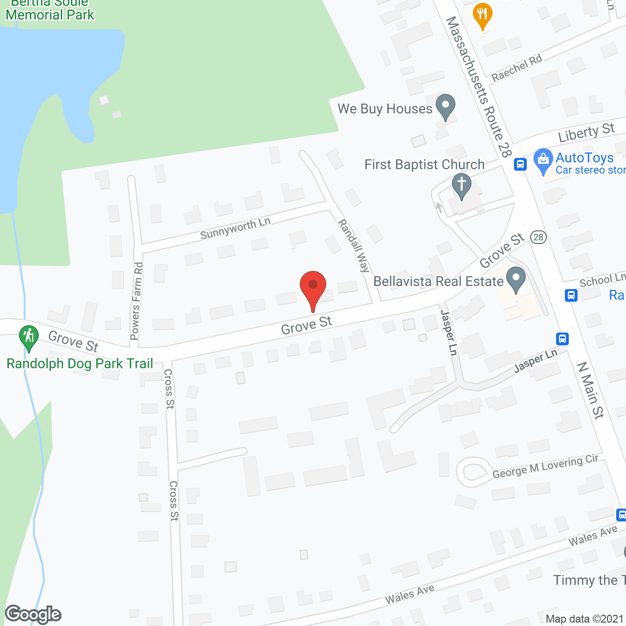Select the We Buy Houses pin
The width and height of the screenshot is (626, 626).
pyautogui.click(x=445, y=106)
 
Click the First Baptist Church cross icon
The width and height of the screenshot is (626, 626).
pyautogui.click(x=461, y=186)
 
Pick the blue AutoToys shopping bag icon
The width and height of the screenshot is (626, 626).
pyautogui.click(x=543, y=160)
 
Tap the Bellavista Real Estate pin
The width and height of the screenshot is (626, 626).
pyautogui.click(x=515, y=280)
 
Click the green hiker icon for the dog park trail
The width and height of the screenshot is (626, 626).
pyautogui.click(x=29, y=337)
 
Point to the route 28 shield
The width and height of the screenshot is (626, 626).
pyautogui.click(x=538, y=237)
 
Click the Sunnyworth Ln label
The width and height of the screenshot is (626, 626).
pyautogui.click(x=235, y=228)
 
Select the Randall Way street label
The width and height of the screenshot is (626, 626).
pyautogui.click(x=354, y=245)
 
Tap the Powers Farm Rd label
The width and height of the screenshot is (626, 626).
pyautogui.click(x=137, y=301)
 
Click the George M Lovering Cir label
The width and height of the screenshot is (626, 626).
pyautogui.click(x=545, y=467)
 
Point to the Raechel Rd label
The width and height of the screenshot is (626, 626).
pyautogui.click(x=517, y=67)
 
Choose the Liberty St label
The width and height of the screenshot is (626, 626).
pyautogui.click(x=586, y=132)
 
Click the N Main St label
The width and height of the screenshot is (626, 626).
pyautogui.click(x=590, y=390)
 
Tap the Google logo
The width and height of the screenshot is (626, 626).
pyautogui.click(x=33, y=614)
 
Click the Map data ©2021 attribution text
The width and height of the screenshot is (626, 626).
pyautogui.click(x=584, y=619)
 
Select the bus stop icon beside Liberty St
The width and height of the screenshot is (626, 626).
pyautogui.click(x=520, y=164)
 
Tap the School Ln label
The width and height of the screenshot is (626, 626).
pyautogui.click(x=602, y=280)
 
